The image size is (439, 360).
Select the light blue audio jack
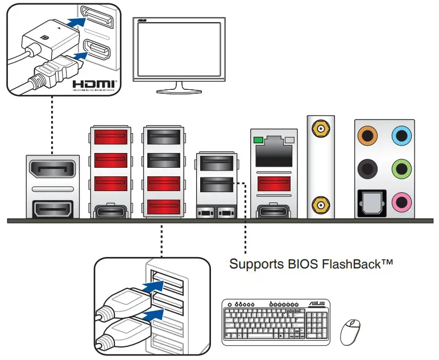pyautogui.click(x=403, y=136)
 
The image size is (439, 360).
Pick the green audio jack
pyautogui.click(x=403, y=169)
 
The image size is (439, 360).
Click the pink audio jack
pyautogui.click(x=403, y=201)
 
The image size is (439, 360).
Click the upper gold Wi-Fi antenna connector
pyautogui.click(x=321, y=130)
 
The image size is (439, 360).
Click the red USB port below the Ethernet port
pyautogui.click(x=274, y=183)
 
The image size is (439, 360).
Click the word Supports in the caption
pyautogui.click(x=255, y=265)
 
